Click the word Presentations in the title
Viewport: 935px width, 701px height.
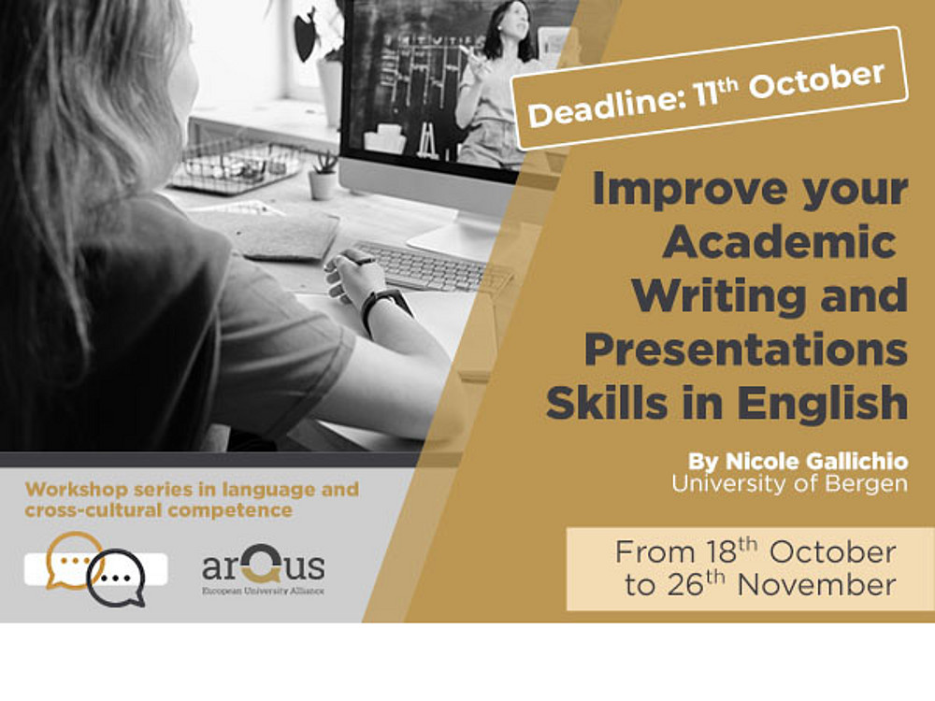point(746,350)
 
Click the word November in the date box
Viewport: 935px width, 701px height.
point(816,585)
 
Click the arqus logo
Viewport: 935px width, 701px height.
point(263,568)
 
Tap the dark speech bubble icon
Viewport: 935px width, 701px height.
point(117,578)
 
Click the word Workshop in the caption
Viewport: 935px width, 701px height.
point(77,490)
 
